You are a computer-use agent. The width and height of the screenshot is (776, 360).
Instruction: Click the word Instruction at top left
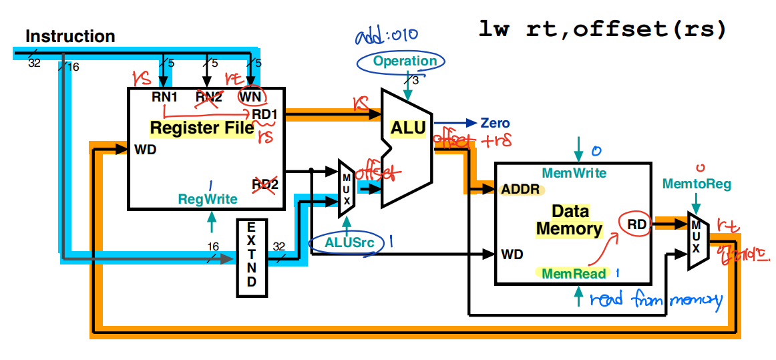70,36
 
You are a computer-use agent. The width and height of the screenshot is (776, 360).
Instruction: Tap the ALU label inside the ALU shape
409,128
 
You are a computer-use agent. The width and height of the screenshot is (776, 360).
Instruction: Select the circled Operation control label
405,61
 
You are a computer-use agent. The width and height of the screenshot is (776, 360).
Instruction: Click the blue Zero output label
495,123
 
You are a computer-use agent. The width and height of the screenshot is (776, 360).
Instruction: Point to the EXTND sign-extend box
251,257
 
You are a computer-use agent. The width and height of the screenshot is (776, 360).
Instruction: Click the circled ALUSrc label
347,242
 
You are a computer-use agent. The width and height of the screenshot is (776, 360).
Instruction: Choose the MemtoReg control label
697,183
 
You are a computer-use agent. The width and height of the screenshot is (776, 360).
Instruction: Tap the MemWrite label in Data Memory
574,174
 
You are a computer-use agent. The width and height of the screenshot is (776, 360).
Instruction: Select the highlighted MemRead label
574,274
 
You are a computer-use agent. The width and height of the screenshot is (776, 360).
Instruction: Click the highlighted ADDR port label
521,189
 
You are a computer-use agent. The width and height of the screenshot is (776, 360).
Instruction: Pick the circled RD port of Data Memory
636,225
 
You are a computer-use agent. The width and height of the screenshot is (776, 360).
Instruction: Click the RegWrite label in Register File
207,199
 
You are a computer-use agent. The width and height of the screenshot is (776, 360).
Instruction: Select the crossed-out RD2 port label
264,184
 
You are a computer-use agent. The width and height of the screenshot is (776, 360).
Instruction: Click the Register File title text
202,128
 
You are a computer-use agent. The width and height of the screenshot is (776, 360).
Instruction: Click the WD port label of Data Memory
511,254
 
